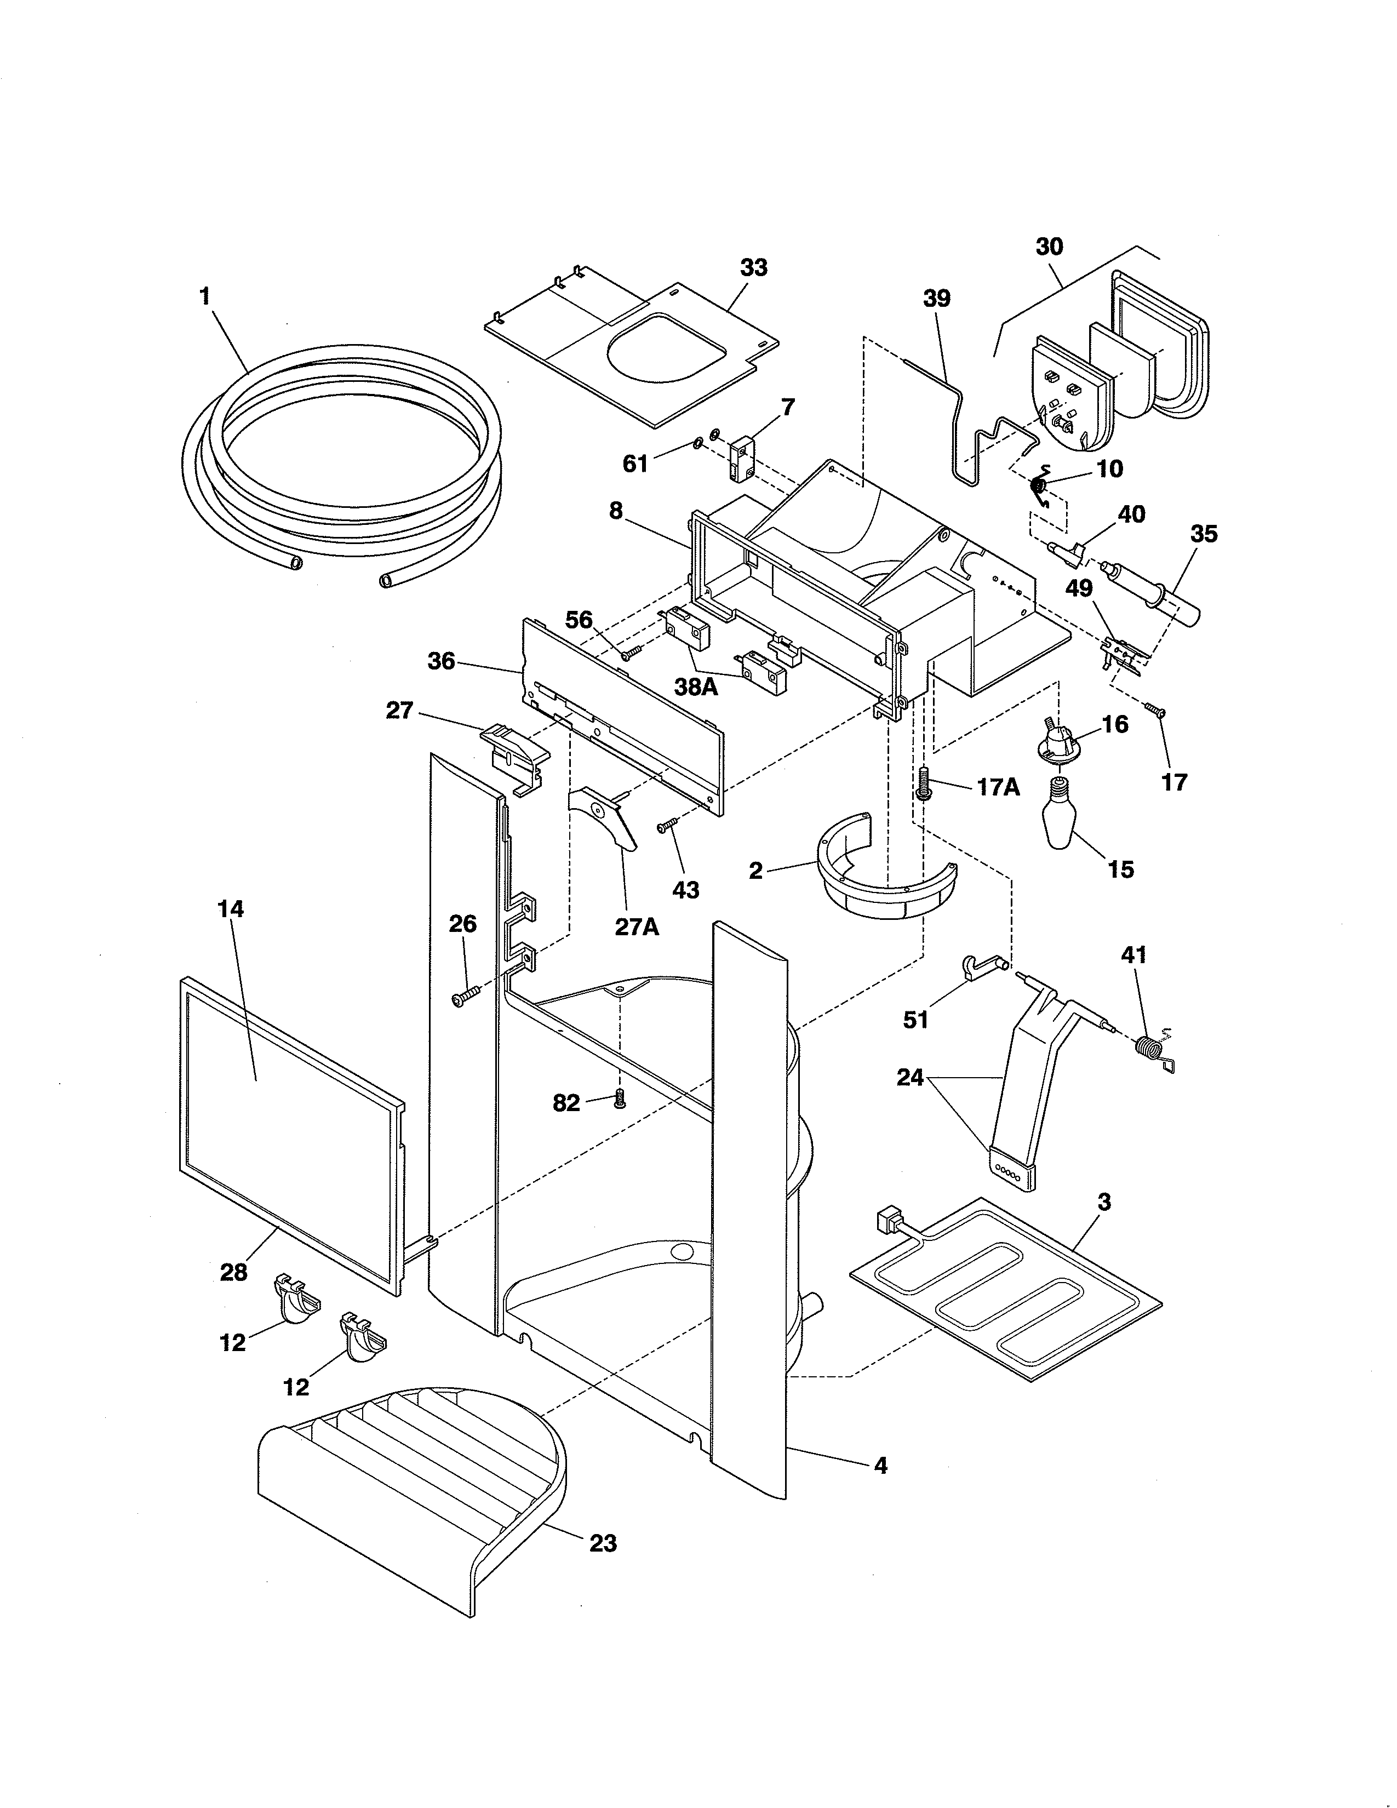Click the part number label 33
pos(753,267)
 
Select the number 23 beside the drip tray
pos(603,1542)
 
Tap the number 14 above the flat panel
pos(230,908)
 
